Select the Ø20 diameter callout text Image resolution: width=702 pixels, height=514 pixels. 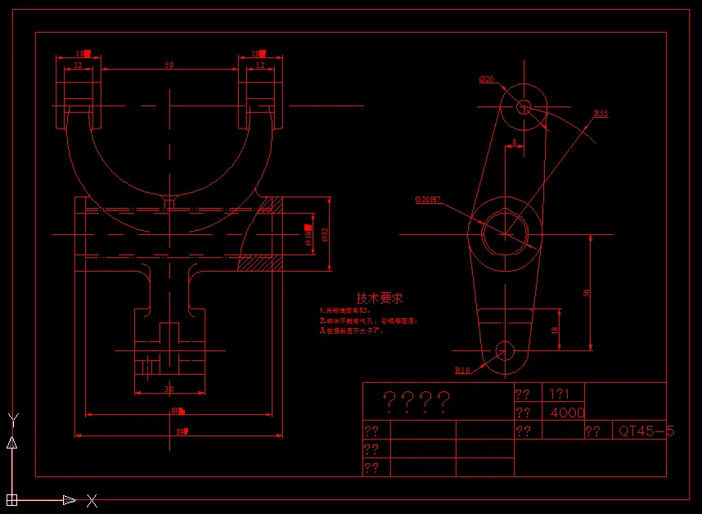(487, 79)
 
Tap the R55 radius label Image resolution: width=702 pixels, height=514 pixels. (601, 114)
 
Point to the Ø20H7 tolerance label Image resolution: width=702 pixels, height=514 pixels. (428, 200)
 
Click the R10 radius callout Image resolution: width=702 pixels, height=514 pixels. (462, 370)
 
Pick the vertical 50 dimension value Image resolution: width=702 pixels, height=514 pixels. (585, 292)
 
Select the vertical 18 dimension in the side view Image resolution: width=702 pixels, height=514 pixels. (553, 330)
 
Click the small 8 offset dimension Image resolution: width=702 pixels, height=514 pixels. (514, 142)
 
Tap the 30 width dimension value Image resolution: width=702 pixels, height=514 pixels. (169, 389)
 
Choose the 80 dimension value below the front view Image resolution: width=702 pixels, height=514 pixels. (176, 410)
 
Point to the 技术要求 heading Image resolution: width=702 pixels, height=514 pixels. (379, 299)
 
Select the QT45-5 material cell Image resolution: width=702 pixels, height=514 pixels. (646, 431)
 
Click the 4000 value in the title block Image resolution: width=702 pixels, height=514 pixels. (567, 413)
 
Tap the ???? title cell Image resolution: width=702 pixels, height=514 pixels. (417, 401)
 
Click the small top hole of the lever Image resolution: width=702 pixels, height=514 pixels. (524, 106)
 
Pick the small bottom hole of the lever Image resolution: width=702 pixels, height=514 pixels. (505, 351)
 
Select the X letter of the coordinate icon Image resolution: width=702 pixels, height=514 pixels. (92, 500)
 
